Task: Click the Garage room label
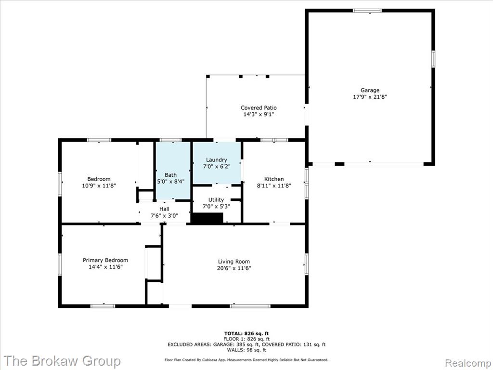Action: pyautogui.click(x=370, y=90)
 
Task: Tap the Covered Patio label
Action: pyautogui.click(x=259, y=108)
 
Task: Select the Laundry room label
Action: pyautogui.click(x=216, y=160)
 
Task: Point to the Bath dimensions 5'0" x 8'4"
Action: pyautogui.click(x=171, y=182)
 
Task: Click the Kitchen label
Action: pyautogui.click(x=274, y=179)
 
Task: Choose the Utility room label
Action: pyautogui.click(x=216, y=200)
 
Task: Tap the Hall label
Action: pyautogui.click(x=164, y=209)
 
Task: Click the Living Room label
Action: pyautogui.click(x=234, y=262)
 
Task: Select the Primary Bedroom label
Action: pyautogui.click(x=105, y=260)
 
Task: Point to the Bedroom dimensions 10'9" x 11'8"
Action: pyautogui.click(x=99, y=185)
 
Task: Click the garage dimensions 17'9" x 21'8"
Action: pyautogui.click(x=370, y=97)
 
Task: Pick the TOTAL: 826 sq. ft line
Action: pyautogui.click(x=246, y=333)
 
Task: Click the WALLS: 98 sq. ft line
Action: pyautogui.click(x=246, y=350)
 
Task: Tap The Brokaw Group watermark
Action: pyautogui.click(x=62, y=361)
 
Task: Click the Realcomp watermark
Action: pyautogui.click(x=467, y=363)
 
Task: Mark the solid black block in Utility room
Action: pyautogui.click(x=207, y=218)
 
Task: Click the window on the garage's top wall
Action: pyautogui.click(x=367, y=11)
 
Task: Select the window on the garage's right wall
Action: pyautogui.click(x=433, y=59)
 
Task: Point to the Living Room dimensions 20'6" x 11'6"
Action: pyautogui.click(x=234, y=268)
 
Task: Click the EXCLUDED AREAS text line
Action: pyautogui.click(x=246, y=344)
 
